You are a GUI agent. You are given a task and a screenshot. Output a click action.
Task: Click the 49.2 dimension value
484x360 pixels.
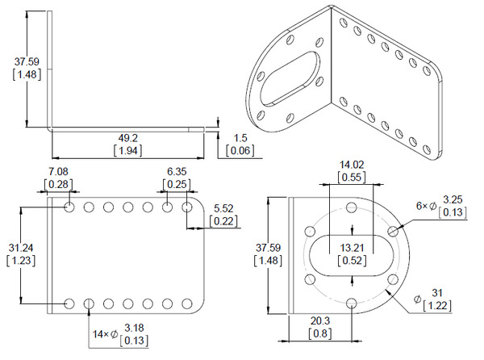click(x=127, y=138)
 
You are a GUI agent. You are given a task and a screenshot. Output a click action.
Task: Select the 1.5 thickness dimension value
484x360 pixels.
click(x=240, y=138)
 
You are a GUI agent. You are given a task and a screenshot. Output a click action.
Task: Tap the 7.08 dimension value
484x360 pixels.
click(x=58, y=171)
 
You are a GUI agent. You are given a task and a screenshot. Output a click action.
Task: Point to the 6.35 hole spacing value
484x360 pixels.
click(x=177, y=171)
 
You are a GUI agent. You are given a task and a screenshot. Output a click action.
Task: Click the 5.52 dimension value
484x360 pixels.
click(x=223, y=208)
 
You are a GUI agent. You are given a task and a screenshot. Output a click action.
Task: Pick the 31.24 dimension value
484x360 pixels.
click(x=21, y=248)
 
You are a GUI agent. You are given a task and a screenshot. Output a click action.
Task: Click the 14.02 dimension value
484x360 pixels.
click(x=352, y=165)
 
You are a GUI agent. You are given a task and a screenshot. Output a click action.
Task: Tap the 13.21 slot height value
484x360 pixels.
click(x=353, y=248)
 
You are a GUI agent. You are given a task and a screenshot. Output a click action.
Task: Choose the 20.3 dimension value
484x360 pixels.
click(x=320, y=320)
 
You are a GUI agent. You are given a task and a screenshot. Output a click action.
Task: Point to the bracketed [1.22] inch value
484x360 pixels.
click(x=437, y=306)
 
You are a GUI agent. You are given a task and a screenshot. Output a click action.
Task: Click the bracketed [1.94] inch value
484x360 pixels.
click(x=127, y=151)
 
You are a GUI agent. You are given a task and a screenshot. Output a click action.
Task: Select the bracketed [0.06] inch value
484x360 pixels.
click(x=240, y=151)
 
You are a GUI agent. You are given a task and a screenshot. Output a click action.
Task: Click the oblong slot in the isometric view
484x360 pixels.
click(x=290, y=79)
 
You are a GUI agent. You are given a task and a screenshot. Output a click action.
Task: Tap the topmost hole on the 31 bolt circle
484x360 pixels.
click(x=352, y=207)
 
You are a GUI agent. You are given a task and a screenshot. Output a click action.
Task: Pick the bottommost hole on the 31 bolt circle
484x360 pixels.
click(x=352, y=303)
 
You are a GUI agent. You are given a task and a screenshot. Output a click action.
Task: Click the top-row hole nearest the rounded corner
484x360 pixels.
click(x=187, y=207)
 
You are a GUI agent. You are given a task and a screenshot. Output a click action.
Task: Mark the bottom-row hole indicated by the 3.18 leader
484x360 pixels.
click(x=89, y=303)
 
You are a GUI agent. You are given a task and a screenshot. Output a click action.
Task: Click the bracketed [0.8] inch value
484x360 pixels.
click(x=320, y=333)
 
